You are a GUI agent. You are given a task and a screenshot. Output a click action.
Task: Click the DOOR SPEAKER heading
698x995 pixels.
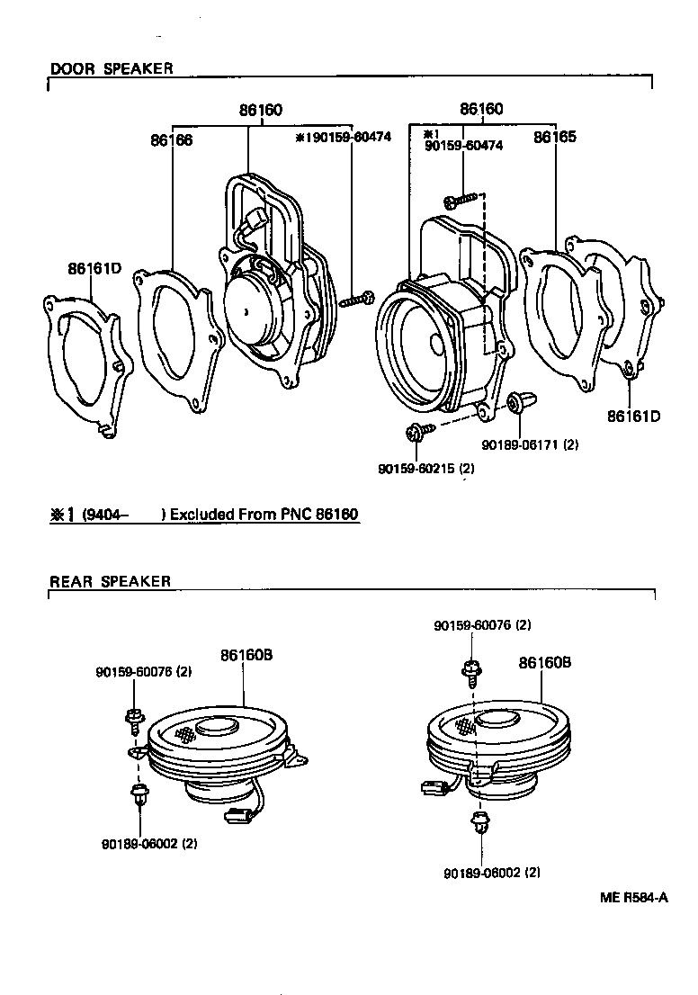(112, 68)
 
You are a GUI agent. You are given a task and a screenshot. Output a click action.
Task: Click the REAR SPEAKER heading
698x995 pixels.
(110, 581)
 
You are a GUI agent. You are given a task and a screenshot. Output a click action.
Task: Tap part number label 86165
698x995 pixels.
(554, 138)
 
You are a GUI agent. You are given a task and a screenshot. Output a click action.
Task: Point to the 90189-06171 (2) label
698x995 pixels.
(530, 444)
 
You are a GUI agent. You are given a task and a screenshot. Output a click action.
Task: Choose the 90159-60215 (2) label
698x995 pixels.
(426, 469)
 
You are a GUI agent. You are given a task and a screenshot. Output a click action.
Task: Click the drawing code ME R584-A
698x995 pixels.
(634, 897)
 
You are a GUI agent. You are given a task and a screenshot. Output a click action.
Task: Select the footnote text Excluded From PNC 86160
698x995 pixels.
(264, 515)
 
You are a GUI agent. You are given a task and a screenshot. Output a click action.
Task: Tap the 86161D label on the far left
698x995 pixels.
(93, 268)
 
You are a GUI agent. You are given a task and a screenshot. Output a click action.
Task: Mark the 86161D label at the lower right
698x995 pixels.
(634, 416)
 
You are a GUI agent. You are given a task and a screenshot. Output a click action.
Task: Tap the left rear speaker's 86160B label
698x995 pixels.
(246, 656)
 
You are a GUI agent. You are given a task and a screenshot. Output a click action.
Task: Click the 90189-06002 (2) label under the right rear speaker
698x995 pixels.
(492, 872)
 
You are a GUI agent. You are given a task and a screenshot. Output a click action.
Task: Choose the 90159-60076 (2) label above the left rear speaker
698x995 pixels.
(144, 671)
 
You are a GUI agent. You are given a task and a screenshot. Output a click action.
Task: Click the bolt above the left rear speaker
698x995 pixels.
(134, 717)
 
